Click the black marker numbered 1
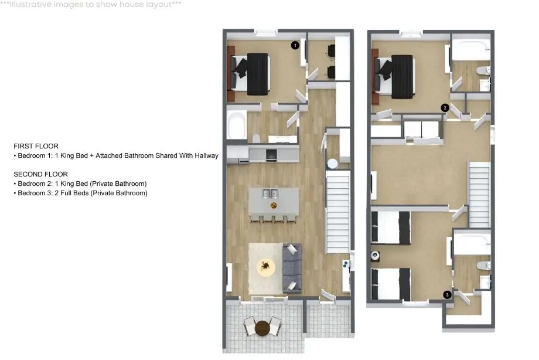pos(295,45)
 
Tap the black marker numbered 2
pos(445,108)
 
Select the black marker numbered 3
pos(447,294)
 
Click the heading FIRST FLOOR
pos(36,146)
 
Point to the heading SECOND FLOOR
pos(41,174)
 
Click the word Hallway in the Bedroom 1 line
pos(207,155)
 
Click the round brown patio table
pos(262,328)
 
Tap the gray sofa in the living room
pos(292,268)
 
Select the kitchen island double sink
pos(270,193)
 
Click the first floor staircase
pos(338,212)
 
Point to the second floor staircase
pos(479,194)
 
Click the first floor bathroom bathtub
pos(237,124)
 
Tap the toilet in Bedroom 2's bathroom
pos(483,71)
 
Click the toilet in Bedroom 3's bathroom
pos(483,266)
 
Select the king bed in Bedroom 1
pos(250,74)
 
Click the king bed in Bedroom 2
pos(395,76)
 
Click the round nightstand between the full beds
pos(375,256)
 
